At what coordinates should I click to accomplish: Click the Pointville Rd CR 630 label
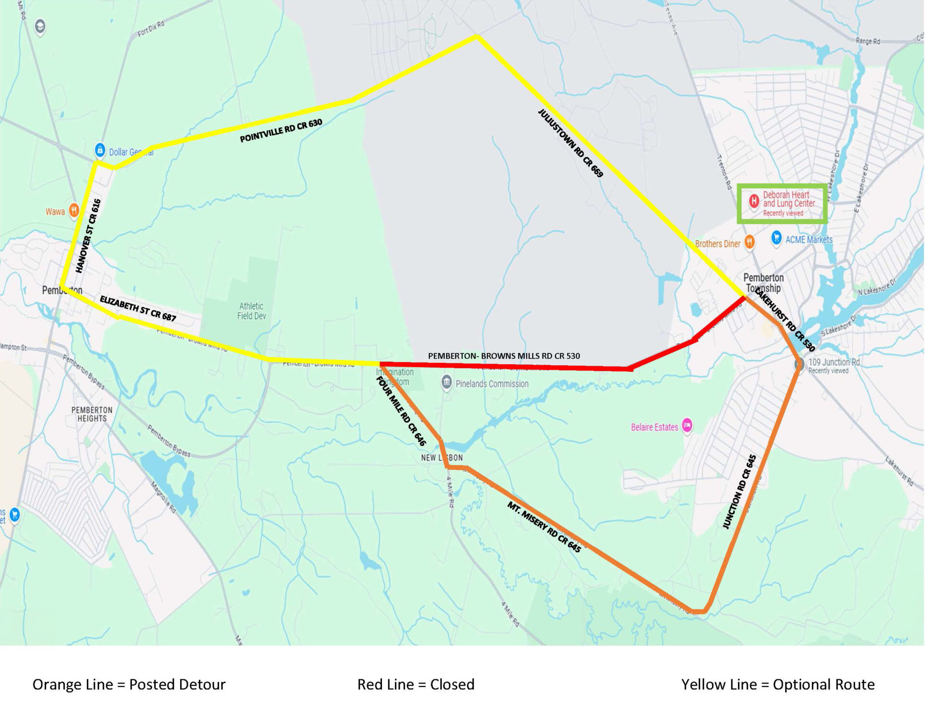coord(281,131)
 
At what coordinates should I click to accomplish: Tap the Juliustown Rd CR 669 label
coord(570,143)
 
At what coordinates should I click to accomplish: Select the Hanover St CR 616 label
coord(89,236)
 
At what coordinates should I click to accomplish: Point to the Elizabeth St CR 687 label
coord(138,308)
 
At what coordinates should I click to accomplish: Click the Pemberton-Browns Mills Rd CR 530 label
coord(504,356)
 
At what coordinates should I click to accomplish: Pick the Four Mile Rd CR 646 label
coord(401,411)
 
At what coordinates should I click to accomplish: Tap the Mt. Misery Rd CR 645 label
coord(544,527)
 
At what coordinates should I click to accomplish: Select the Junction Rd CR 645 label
coord(740,491)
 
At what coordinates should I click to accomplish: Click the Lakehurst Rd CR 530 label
coord(784,319)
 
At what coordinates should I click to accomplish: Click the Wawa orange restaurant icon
coord(74,211)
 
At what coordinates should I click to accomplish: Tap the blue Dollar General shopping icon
coord(100,150)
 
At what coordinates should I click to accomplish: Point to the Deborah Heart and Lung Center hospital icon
coord(754,200)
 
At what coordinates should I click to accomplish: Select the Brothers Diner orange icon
coord(750,242)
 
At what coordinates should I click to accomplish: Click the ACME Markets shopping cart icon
coord(776,238)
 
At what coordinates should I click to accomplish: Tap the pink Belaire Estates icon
coord(687,425)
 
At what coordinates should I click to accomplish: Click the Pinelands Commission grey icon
coord(447,383)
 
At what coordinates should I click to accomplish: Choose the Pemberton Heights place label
coord(92,414)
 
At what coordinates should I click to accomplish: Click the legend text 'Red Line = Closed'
coord(416,684)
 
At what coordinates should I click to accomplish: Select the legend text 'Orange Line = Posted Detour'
coord(129,684)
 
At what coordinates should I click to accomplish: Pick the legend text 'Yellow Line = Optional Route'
coord(778,684)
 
